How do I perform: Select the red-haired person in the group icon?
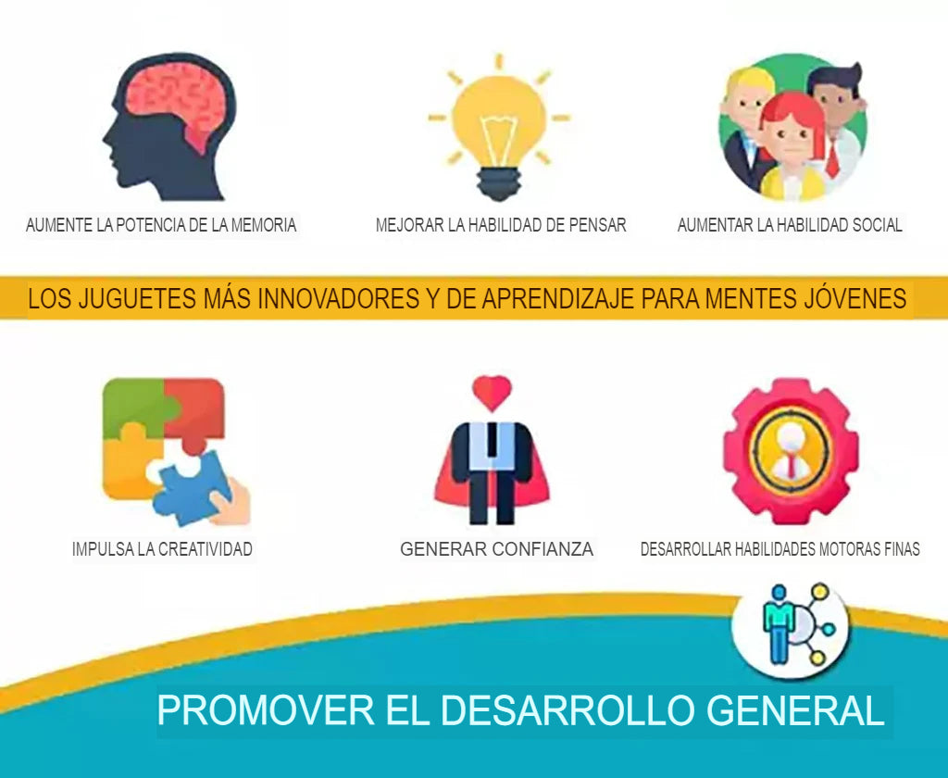[x=792, y=146]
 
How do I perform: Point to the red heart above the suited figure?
[x=493, y=392]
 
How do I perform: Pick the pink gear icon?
[x=791, y=451]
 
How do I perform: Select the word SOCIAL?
[x=877, y=225]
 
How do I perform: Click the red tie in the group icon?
[x=832, y=159]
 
